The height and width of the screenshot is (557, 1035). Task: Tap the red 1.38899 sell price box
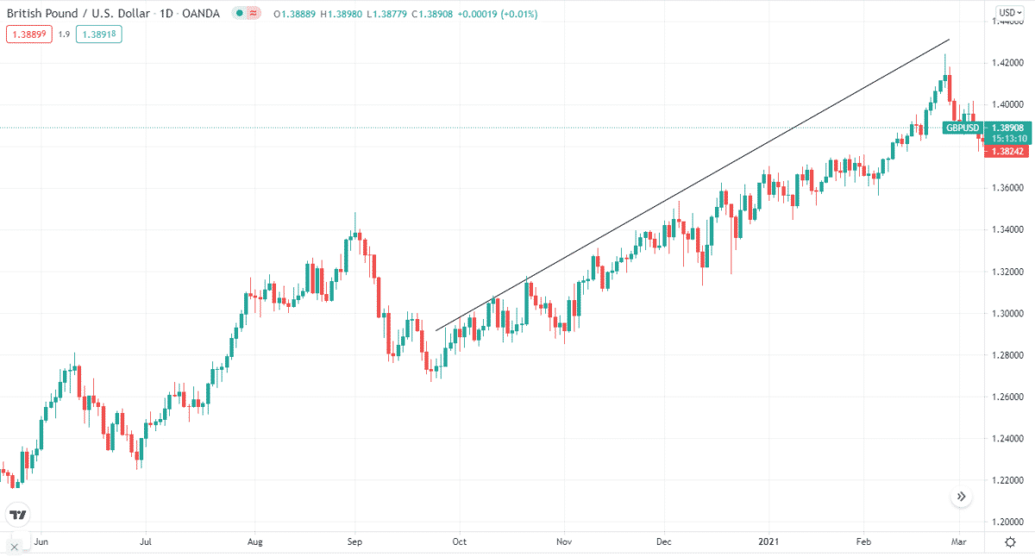(28, 34)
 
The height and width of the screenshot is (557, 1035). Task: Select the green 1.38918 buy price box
(100, 34)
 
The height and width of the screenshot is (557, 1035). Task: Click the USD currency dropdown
(1008, 12)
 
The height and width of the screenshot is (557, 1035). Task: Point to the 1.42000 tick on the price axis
(1007, 63)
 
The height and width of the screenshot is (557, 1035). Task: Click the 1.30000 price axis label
(1007, 314)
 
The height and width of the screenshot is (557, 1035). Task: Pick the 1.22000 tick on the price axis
(1007, 480)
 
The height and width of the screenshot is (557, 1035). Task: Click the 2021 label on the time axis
(768, 542)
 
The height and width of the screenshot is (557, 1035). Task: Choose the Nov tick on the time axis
(564, 542)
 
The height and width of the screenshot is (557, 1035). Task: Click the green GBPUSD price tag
(961, 128)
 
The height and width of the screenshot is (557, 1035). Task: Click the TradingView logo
(17, 515)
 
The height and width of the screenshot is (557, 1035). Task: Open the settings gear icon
(1010, 541)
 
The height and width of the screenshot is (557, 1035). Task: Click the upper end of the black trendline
(949, 40)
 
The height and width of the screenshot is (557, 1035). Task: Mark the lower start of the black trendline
(436, 329)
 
